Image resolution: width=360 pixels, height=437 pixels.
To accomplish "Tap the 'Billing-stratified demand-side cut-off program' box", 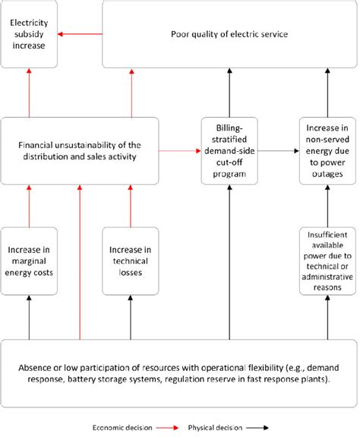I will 229,152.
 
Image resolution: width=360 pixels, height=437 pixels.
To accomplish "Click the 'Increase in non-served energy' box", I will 327,152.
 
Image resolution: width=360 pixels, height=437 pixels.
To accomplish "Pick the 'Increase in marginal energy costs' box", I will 28,261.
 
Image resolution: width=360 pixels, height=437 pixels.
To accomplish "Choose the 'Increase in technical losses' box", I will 131,261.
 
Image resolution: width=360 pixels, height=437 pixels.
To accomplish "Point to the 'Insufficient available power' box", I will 327,261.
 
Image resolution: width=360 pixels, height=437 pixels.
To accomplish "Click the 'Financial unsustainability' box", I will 80,152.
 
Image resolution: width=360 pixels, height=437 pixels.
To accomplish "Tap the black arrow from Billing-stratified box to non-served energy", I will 278,152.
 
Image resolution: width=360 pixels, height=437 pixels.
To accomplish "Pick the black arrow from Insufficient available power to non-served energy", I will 327,206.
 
